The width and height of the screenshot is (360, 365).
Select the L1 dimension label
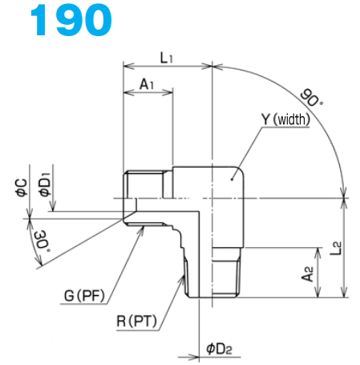pos(167,57)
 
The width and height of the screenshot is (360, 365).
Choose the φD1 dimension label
pos(46,185)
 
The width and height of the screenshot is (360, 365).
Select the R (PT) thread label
pos(136,324)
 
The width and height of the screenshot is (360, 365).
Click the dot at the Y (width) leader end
pos(233,180)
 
